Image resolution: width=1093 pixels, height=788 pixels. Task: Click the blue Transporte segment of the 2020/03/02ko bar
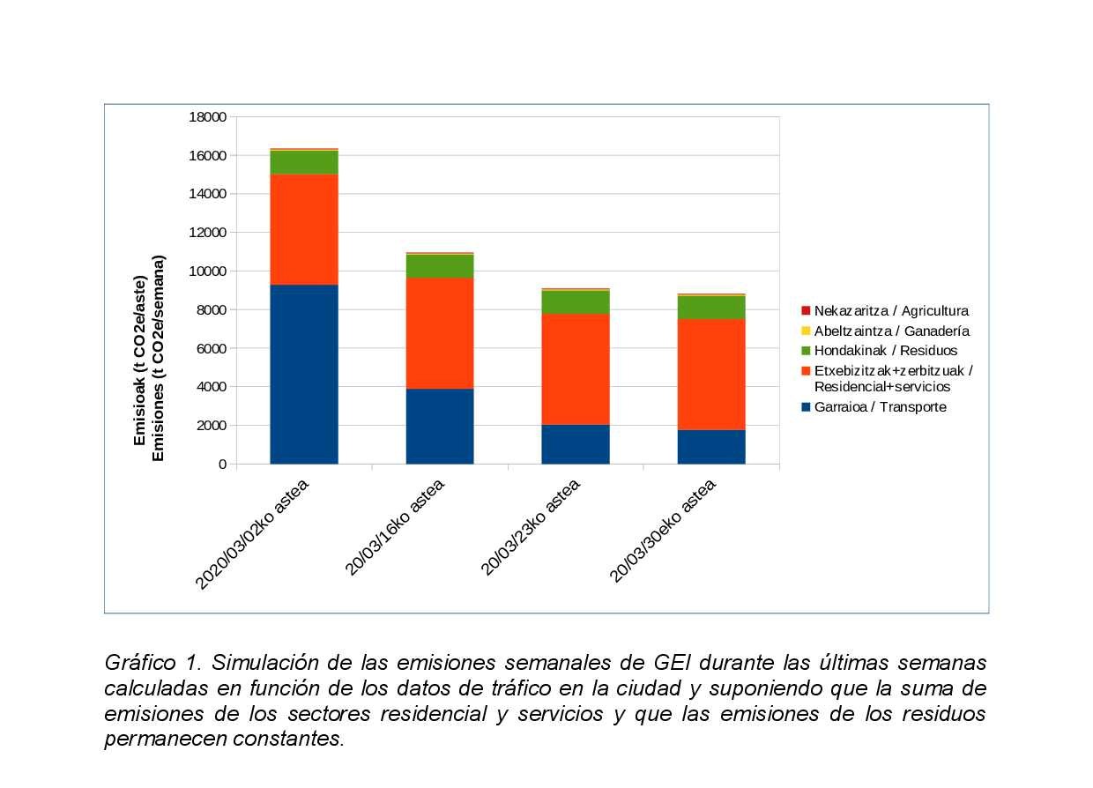304,374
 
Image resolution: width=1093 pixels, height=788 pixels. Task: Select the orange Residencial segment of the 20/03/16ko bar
440,333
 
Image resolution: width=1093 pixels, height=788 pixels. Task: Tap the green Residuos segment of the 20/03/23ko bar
576,302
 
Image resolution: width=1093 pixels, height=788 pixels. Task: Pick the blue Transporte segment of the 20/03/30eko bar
711,446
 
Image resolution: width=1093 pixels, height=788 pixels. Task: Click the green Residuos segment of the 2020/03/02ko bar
304,163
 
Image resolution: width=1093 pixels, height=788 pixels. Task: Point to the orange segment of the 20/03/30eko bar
711,374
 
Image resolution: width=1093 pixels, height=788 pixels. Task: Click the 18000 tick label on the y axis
208,117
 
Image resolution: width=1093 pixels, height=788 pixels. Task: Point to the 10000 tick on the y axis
208,271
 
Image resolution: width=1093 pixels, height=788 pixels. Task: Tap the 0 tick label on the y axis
222,465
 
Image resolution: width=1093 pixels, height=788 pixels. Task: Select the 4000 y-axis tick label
212,387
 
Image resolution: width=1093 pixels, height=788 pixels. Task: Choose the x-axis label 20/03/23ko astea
531,527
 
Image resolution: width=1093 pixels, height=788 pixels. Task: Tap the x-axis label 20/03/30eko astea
663,531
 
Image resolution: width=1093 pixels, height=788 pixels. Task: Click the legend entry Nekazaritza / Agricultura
890,311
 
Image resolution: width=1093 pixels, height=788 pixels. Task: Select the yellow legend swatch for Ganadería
806,331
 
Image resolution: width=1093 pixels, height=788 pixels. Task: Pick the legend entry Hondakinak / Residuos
885,351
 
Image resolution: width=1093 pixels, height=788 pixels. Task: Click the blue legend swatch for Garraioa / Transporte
806,407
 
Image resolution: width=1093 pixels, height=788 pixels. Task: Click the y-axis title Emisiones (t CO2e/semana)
160,358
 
